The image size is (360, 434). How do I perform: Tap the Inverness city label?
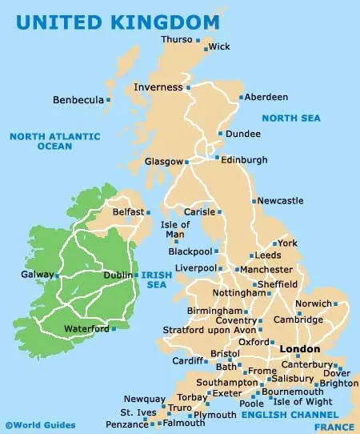pyautogui.click(x=158, y=87)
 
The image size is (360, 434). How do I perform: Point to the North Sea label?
pyautogui.click(x=293, y=119)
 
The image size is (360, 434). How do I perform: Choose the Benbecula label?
pyautogui.click(x=78, y=100)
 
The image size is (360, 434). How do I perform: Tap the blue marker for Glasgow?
pyautogui.click(x=187, y=162)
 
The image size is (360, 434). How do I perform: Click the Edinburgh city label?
pyautogui.click(x=244, y=160)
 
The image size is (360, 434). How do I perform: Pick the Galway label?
pyautogui.click(x=36, y=275)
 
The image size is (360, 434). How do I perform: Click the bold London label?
pyautogui.click(x=300, y=349)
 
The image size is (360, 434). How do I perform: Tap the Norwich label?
pyautogui.click(x=312, y=304)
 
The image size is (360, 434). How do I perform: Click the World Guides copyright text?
pyautogui.click(x=40, y=425)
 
